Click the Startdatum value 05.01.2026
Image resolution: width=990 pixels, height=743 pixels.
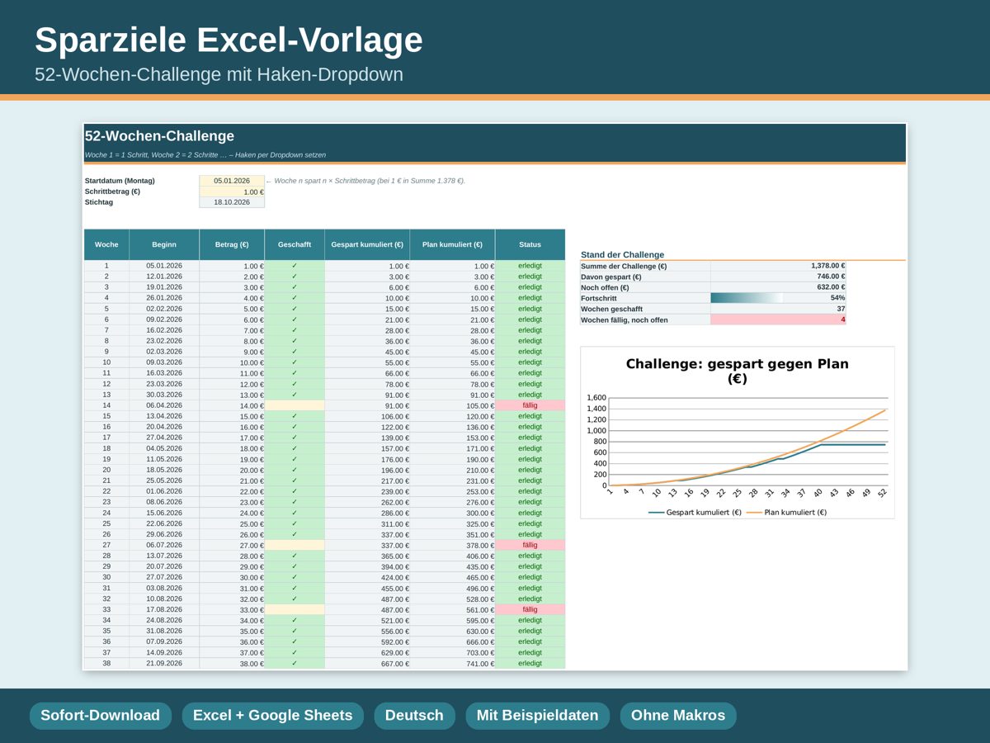[x=231, y=181]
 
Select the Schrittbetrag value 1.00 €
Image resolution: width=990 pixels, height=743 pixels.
[x=253, y=192]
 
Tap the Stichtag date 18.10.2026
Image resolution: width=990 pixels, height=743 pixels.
[x=231, y=202]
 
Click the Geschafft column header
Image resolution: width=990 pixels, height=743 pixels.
[x=294, y=244]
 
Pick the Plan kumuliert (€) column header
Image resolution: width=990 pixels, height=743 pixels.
[x=452, y=244]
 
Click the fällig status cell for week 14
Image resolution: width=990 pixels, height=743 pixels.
[x=530, y=405]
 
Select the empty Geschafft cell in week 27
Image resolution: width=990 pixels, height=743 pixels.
[x=294, y=545]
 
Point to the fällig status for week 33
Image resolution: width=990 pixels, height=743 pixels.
[x=530, y=609]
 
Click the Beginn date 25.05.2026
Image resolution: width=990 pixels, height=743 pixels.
[x=163, y=480]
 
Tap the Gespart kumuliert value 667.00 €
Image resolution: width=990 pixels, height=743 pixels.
[x=395, y=664]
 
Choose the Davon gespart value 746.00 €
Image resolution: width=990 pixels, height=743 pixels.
[x=831, y=276]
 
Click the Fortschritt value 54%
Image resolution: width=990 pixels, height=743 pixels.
[x=837, y=298]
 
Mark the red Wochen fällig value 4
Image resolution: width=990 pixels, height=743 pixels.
[x=843, y=319]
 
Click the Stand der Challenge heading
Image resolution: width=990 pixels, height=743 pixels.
[x=622, y=254]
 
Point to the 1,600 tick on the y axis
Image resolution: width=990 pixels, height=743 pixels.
[x=596, y=397]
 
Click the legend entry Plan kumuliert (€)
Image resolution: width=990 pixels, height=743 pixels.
[x=786, y=513]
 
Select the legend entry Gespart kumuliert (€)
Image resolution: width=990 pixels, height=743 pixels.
[x=695, y=513]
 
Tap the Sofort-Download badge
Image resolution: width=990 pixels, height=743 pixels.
[x=100, y=716]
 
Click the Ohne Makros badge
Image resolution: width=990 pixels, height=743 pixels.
[x=678, y=716]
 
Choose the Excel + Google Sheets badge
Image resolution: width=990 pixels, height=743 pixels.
[x=272, y=716]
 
